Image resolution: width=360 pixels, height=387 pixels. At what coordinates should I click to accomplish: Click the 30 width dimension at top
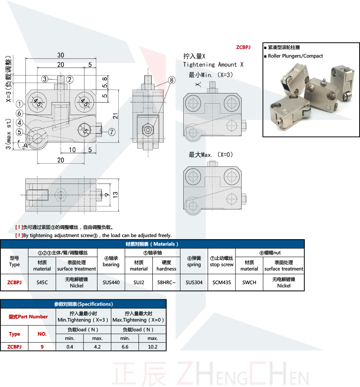click(x=60, y=55)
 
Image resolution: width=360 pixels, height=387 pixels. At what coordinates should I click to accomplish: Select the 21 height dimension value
click(x=115, y=116)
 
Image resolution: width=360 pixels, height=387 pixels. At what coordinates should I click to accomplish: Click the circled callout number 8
click(x=172, y=80)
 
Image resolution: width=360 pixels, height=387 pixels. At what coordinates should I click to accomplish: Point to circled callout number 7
click(x=112, y=132)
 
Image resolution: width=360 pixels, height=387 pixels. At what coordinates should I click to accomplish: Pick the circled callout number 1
click(x=19, y=104)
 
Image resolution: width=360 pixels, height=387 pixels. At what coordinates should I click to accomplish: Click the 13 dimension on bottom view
click(x=115, y=195)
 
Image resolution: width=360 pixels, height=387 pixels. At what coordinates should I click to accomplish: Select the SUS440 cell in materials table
click(x=111, y=282)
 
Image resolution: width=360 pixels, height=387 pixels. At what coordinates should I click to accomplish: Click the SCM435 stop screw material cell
click(x=221, y=282)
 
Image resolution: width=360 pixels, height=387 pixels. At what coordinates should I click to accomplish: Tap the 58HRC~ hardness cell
click(x=166, y=282)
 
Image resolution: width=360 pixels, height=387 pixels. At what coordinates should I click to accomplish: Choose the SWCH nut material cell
click(x=249, y=282)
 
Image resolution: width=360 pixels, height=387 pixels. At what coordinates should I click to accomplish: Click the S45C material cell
click(x=42, y=282)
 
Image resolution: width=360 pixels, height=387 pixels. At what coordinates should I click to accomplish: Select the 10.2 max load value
click(x=153, y=347)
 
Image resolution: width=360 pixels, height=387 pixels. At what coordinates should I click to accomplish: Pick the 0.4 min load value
click(x=70, y=347)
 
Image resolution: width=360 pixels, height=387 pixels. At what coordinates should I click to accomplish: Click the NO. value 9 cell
click(x=42, y=347)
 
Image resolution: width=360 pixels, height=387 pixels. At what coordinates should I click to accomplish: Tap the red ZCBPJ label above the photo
click(x=243, y=47)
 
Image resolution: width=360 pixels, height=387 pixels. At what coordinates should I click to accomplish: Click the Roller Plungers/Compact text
click(x=295, y=56)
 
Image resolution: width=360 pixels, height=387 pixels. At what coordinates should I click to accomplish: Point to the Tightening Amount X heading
click(x=213, y=65)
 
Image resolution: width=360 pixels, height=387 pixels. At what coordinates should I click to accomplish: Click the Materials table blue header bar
click(x=152, y=244)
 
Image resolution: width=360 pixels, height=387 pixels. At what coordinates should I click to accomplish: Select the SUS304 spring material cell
click(x=194, y=282)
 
